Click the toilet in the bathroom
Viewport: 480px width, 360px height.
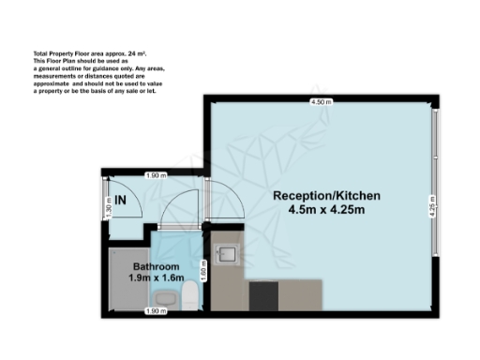(x=188, y=299)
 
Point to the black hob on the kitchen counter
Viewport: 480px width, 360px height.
(x=263, y=296)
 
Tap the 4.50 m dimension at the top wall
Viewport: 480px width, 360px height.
(x=323, y=101)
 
